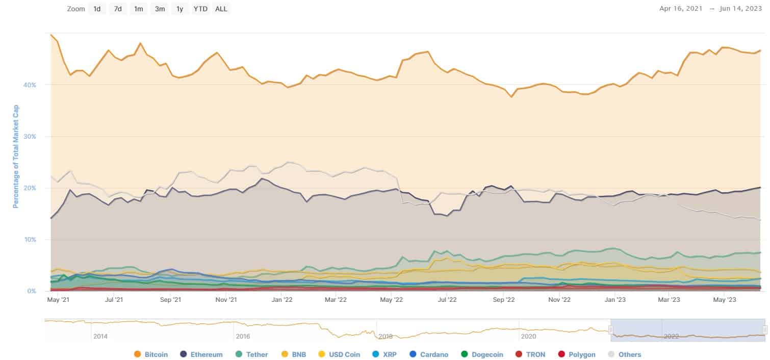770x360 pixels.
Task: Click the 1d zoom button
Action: [97, 9]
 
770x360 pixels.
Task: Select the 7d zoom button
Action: [118, 9]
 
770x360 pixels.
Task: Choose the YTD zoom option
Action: [200, 9]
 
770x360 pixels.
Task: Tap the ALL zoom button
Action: [221, 9]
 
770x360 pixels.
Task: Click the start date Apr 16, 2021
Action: [681, 9]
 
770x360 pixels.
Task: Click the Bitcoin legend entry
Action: [151, 354]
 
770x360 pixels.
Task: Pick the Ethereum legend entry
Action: [201, 354]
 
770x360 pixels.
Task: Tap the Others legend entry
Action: [625, 354]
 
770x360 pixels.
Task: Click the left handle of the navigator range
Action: [610, 330]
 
